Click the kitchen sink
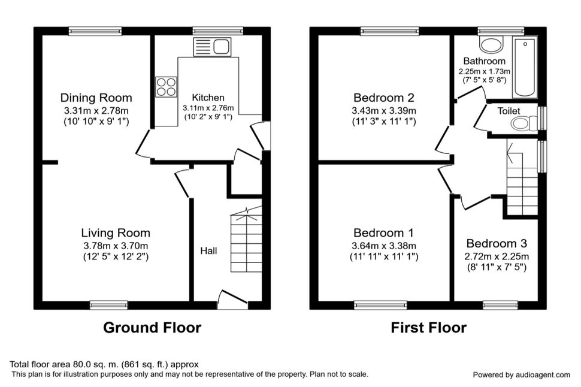click(212, 47)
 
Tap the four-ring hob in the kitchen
click(166, 87)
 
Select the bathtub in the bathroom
click(525, 67)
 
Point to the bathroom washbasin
click(491, 45)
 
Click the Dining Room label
click(96, 98)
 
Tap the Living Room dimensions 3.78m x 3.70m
click(116, 246)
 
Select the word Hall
click(208, 251)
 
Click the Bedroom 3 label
click(497, 244)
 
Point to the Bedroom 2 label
click(384, 98)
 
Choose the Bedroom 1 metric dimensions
click(384, 246)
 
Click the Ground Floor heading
click(152, 328)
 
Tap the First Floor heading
click(429, 328)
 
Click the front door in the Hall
click(232, 300)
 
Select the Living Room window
click(109, 305)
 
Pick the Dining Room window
click(95, 31)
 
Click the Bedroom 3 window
click(501, 305)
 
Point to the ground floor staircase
click(246, 240)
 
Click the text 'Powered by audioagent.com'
click(521, 375)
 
